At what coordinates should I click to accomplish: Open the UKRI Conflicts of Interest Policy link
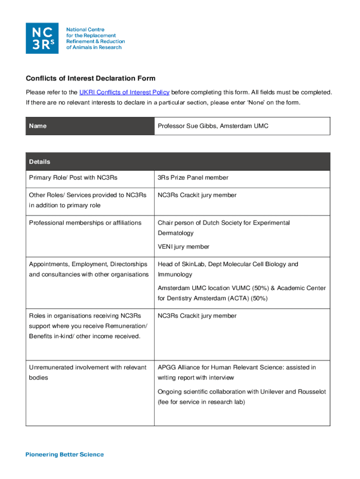[124, 92]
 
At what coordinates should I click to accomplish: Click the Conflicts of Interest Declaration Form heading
[90, 78]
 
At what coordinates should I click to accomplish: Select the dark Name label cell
[90, 126]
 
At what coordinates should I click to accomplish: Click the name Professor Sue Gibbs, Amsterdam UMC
[213, 126]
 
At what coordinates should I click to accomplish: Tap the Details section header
[39, 162]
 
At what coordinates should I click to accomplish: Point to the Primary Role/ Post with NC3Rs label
[73, 177]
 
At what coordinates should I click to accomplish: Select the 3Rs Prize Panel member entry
[193, 177]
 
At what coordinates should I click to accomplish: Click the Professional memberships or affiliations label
[85, 223]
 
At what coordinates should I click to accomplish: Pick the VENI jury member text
[183, 247]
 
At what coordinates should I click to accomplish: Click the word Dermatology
[175, 233]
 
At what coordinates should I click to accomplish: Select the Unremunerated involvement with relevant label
[87, 367]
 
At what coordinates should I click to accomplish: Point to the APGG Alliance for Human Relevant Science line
[237, 367]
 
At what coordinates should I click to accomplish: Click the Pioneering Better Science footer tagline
[65, 454]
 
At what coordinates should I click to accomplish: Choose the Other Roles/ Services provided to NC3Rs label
[87, 195]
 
